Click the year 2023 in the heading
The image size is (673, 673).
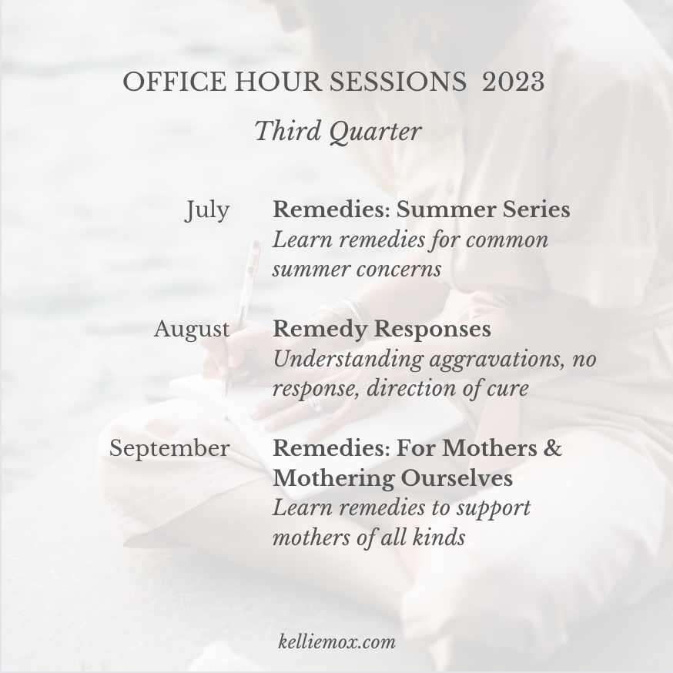[514, 81]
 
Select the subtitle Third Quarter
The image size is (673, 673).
[338, 132]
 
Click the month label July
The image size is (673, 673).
[208, 211]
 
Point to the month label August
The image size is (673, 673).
[192, 330]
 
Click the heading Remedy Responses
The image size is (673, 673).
[382, 330]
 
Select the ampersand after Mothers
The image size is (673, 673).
[554, 447]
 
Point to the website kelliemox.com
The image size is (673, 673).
[337, 642]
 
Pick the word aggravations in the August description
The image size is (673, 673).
[497, 360]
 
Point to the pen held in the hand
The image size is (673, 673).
[242, 316]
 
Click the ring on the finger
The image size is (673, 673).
[316, 405]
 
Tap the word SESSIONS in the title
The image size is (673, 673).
[398, 81]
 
